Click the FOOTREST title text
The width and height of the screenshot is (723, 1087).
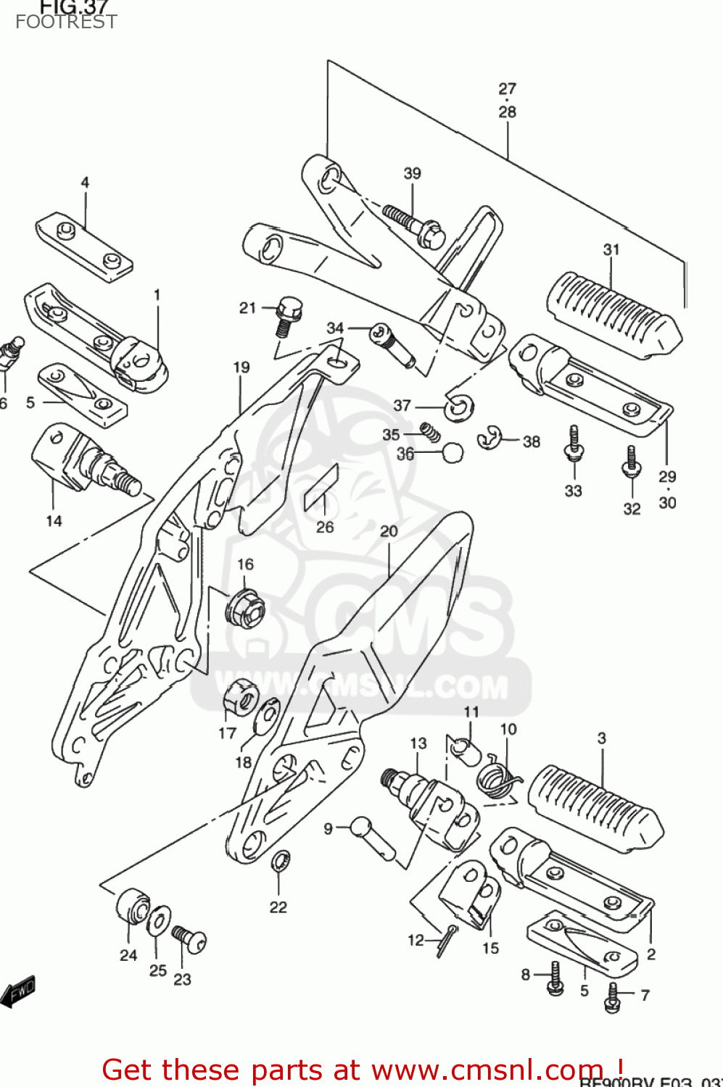(x=66, y=22)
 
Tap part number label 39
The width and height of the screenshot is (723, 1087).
(x=412, y=173)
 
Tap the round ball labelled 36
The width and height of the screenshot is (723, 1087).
(x=452, y=453)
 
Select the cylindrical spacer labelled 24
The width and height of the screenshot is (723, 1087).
(x=132, y=905)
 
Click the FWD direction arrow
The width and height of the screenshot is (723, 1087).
(x=18, y=991)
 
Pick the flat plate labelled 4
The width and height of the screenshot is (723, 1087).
(x=84, y=247)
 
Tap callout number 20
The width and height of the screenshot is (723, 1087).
(x=389, y=531)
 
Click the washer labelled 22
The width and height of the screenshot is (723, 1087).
(x=280, y=862)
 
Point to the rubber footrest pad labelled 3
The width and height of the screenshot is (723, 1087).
(x=595, y=807)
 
